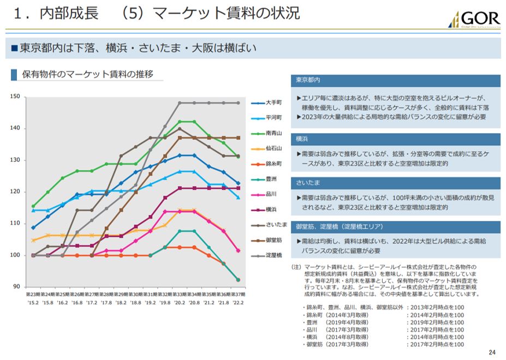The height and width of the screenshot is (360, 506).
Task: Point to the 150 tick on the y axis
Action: click(15, 97)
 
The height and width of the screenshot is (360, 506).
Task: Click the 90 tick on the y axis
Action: click(16, 287)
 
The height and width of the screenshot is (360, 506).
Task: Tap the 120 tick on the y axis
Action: click(15, 192)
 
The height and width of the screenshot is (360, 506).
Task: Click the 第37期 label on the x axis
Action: click(238, 294)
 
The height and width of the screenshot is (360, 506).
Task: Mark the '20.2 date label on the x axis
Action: click(180, 302)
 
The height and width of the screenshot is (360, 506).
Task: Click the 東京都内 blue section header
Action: click(308, 80)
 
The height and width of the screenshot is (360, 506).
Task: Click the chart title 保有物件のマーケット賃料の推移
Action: click(87, 74)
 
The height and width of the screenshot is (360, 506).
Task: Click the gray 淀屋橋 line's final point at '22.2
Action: click(238, 103)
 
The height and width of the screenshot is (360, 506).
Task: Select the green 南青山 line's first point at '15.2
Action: click(33, 206)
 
